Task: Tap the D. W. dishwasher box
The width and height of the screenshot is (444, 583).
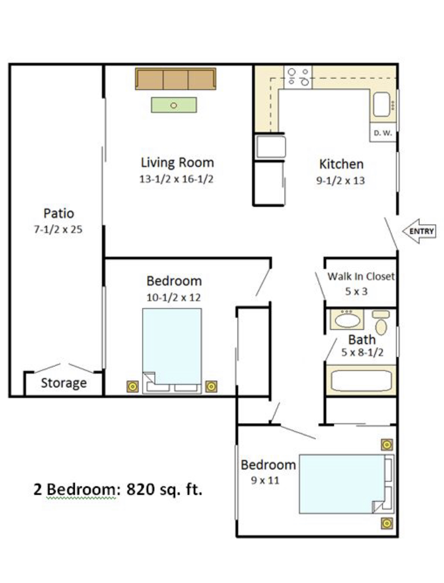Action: click(x=383, y=132)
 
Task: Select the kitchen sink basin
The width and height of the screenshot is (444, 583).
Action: click(x=382, y=104)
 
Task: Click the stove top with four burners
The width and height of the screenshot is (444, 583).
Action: click(x=298, y=77)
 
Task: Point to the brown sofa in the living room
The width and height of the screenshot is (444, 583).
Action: click(x=176, y=79)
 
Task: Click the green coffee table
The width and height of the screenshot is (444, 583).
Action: click(x=174, y=105)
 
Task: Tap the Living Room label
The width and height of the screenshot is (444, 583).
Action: click(x=177, y=162)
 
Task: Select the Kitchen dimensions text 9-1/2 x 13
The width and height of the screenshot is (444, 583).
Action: click(x=340, y=181)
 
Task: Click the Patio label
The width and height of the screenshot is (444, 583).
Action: click(x=59, y=213)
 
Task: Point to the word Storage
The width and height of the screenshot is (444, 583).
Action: click(x=64, y=383)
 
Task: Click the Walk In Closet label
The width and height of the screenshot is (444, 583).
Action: click(x=361, y=276)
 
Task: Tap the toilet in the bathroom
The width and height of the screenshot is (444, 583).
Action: click(x=381, y=323)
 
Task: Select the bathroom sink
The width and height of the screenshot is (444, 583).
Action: click(x=347, y=319)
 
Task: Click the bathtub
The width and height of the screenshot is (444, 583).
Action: click(x=361, y=381)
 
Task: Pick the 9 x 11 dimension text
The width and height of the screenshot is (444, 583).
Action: click(x=265, y=480)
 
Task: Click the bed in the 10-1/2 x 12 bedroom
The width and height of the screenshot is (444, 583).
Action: click(x=172, y=351)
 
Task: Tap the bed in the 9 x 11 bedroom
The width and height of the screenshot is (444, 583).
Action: click(x=347, y=484)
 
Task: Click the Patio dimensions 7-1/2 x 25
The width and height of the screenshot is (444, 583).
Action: click(x=58, y=229)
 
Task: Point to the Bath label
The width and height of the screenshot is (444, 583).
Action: click(x=362, y=340)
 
